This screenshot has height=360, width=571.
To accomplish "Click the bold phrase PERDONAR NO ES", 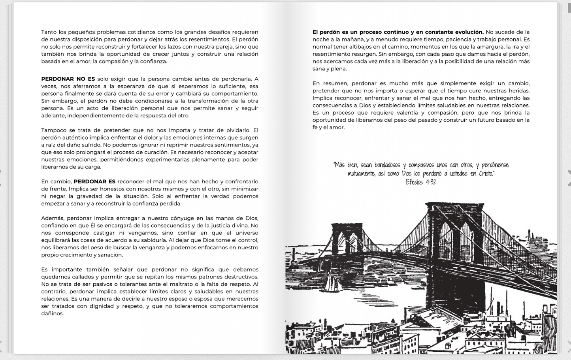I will coord(68,79).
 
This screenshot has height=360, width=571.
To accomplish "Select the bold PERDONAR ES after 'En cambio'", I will coord(94,182).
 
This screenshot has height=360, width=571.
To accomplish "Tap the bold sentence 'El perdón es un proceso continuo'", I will coord(398,32).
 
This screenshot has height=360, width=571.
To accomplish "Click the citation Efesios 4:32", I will coord(420,182).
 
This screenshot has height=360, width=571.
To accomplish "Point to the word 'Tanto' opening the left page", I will coord(49,32).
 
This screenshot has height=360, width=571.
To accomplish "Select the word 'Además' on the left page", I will coord(53,218).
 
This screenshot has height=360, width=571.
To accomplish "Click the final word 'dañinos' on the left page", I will coord(52,314).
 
